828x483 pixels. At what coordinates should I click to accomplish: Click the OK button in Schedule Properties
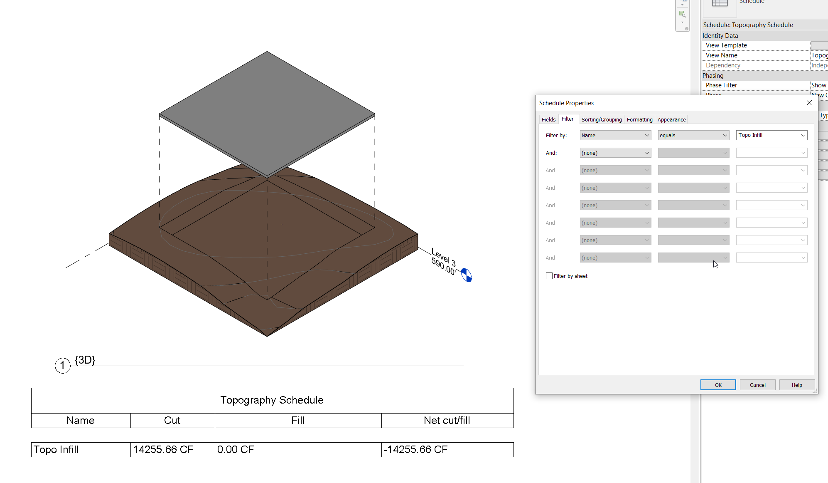pyautogui.click(x=718, y=385)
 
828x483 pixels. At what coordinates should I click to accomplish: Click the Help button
pyautogui.click(x=796, y=385)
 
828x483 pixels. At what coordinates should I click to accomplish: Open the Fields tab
pyautogui.click(x=548, y=119)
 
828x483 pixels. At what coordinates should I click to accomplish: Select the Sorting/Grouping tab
pyautogui.click(x=601, y=119)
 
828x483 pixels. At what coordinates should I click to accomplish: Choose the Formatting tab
pyautogui.click(x=639, y=119)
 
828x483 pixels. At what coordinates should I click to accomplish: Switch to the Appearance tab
pyautogui.click(x=671, y=119)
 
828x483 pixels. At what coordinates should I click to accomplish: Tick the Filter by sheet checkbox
pyautogui.click(x=549, y=276)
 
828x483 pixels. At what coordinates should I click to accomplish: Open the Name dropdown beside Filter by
pyautogui.click(x=615, y=135)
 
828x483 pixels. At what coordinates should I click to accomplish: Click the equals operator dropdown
pyautogui.click(x=693, y=135)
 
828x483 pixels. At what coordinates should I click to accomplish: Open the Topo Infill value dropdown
pyautogui.click(x=771, y=135)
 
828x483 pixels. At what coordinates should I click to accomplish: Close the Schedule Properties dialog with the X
pyautogui.click(x=809, y=103)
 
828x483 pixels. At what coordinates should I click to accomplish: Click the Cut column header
pyautogui.click(x=172, y=420)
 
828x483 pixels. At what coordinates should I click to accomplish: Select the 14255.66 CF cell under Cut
pyautogui.click(x=163, y=449)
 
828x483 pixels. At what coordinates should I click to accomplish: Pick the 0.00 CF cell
pyautogui.click(x=236, y=449)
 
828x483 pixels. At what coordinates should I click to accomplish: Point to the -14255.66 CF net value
pyautogui.click(x=416, y=449)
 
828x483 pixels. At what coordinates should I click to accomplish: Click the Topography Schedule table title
pyautogui.click(x=272, y=400)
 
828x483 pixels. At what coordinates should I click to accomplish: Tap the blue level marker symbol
pyautogui.click(x=467, y=275)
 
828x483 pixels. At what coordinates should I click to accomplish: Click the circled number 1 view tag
pyautogui.click(x=63, y=366)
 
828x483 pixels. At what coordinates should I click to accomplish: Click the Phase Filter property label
pyautogui.click(x=721, y=85)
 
